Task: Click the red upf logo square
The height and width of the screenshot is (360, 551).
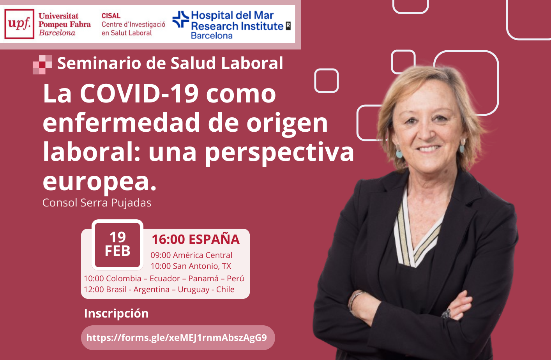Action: (x=19, y=24)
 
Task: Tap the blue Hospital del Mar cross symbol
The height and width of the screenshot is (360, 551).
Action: (x=181, y=19)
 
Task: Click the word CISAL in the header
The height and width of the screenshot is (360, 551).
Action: (x=111, y=16)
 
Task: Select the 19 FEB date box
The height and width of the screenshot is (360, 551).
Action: (x=117, y=245)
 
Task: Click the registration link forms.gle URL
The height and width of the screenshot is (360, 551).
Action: (x=177, y=338)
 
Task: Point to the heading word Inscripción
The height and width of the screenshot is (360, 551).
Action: (x=117, y=314)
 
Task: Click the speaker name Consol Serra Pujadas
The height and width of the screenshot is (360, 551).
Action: (x=97, y=203)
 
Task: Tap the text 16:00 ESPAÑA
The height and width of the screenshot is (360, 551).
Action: (x=196, y=239)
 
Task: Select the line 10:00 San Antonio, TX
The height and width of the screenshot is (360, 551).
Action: (x=191, y=266)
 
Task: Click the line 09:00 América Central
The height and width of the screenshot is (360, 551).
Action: (x=191, y=255)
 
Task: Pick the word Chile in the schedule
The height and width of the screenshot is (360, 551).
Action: (x=225, y=289)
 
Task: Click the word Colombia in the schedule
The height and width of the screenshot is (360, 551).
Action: (x=124, y=279)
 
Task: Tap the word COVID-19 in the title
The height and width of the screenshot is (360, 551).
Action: (x=139, y=94)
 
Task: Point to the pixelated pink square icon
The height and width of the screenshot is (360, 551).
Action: (x=42, y=65)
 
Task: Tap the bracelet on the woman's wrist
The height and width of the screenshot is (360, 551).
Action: (x=354, y=301)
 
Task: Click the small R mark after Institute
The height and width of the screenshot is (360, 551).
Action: (x=288, y=26)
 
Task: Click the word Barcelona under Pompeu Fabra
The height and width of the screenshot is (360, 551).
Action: (x=57, y=33)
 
